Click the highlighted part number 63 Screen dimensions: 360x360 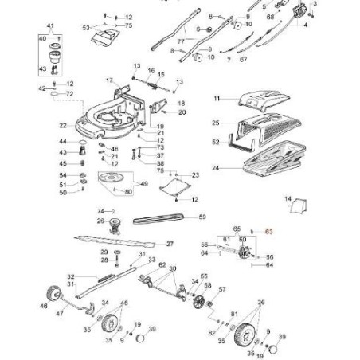point(269,230)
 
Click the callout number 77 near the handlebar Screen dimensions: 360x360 point(180,41)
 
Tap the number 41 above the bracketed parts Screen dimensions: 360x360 point(50,27)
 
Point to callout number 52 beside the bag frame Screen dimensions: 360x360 point(193,143)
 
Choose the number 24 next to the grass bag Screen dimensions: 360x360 point(193,168)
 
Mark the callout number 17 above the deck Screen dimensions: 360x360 point(109,80)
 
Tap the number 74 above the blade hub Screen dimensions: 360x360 point(89,209)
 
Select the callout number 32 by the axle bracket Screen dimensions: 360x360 point(70,275)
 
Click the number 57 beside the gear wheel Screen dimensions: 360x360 point(222,289)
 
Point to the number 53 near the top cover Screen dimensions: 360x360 point(87,27)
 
